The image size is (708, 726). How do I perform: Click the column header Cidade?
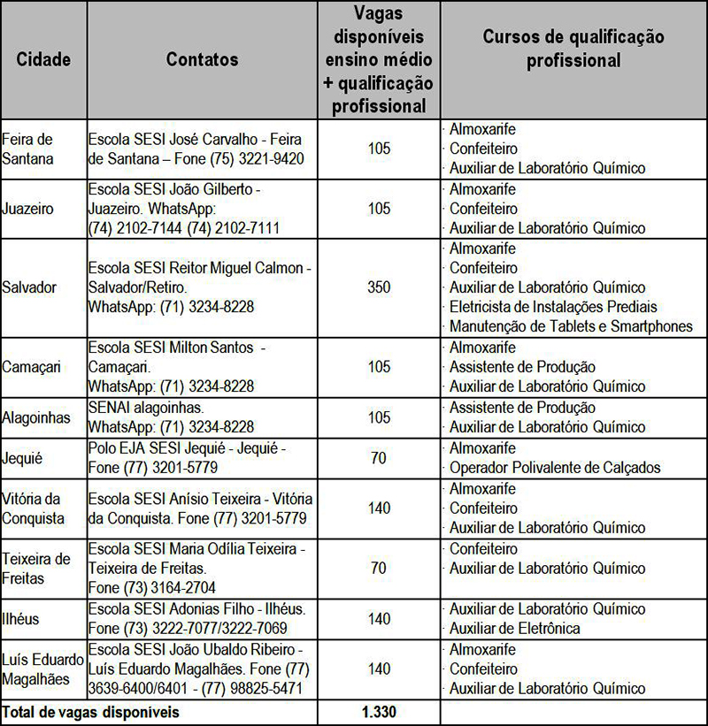(43, 59)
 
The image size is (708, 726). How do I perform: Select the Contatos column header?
(202, 59)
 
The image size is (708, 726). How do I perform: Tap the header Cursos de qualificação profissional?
(573, 49)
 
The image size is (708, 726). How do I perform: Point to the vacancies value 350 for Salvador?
(379, 287)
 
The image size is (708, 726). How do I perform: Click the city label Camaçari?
(31, 367)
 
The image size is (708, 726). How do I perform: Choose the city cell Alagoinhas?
(36, 417)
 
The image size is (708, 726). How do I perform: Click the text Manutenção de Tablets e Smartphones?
(571, 326)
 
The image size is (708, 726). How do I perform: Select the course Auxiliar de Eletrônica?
(514, 629)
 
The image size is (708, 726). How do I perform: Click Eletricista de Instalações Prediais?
(553, 307)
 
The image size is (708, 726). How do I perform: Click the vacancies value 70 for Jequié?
(379, 458)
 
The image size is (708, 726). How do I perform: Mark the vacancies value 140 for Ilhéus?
(379, 619)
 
